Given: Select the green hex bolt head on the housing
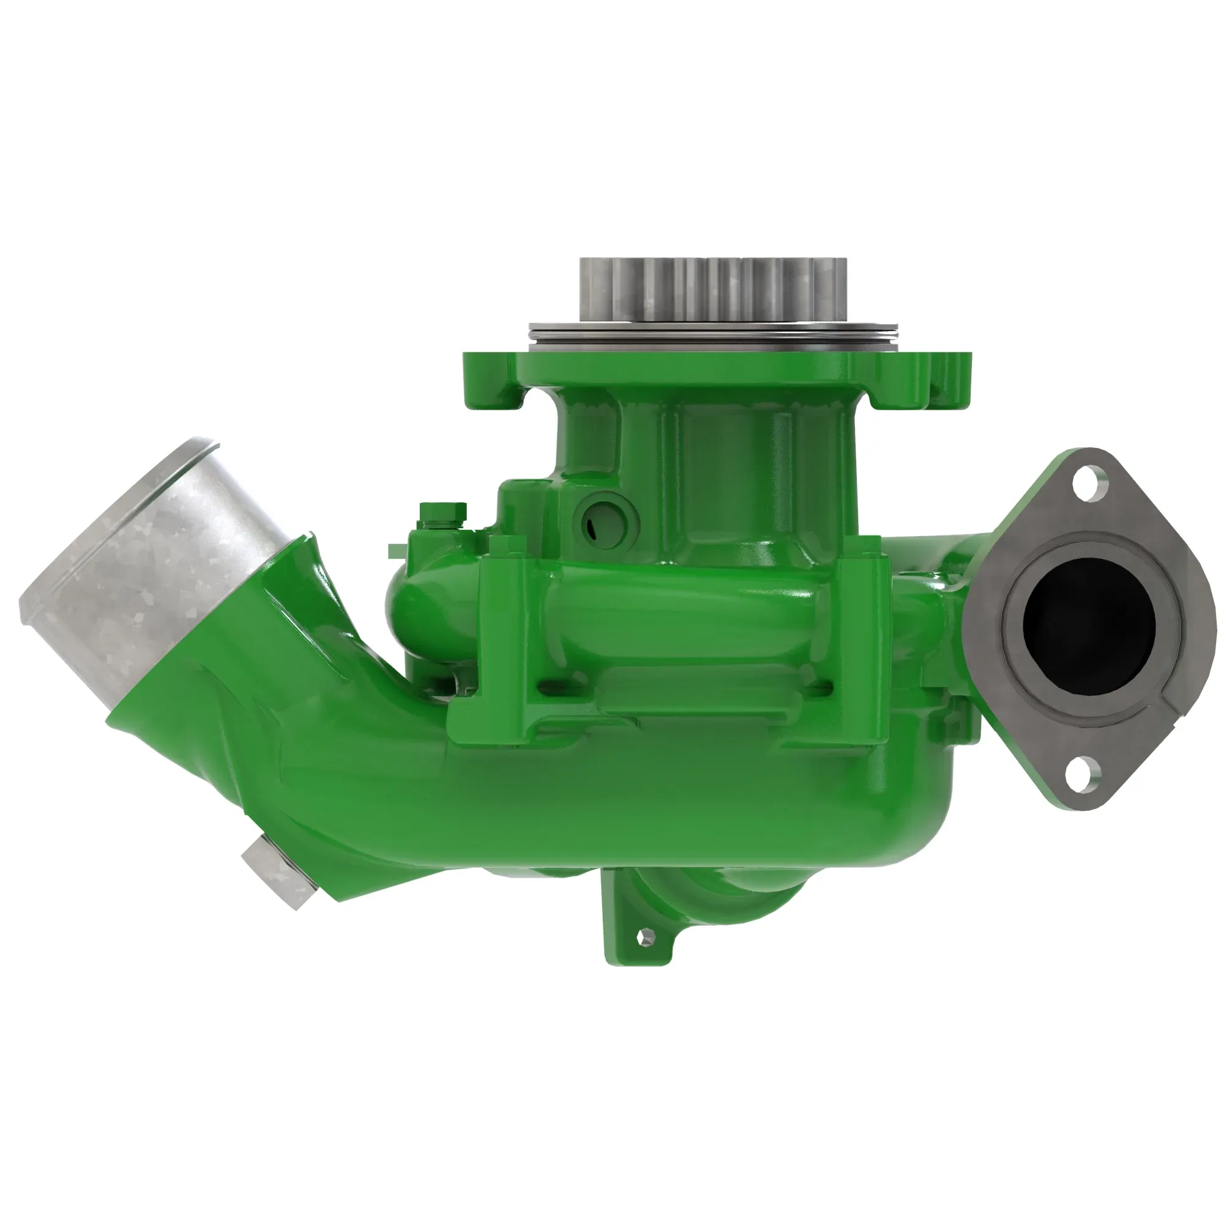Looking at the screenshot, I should tap(442, 512).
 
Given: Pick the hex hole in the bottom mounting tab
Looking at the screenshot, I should tap(645, 936).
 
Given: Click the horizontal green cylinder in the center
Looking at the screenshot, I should tap(684, 608).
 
